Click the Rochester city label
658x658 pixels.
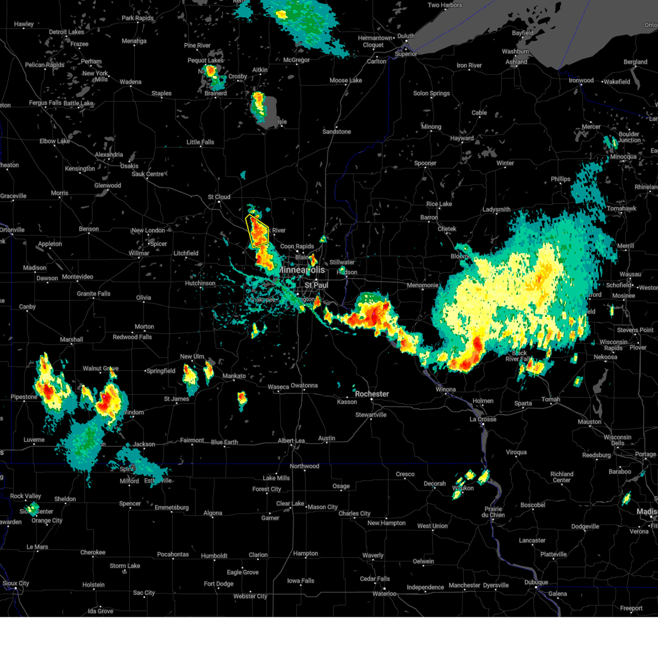[372, 394]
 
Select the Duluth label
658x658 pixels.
[406, 36]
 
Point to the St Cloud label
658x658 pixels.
[219, 197]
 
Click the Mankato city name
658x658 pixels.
[234, 376]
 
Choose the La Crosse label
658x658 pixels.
[483, 419]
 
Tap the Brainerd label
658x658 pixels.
[215, 93]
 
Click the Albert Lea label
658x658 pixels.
[291, 440]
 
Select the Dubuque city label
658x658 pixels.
[536, 582]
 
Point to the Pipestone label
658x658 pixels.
[24, 396]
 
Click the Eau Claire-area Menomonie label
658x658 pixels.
[423, 285]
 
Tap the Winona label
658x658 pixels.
[445, 389]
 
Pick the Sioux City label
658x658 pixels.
[16, 583]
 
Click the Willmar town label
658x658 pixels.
[139, 253]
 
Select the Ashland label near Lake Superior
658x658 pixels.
[517, 62]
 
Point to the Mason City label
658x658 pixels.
[322, 507]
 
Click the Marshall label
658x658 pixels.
[71, 339]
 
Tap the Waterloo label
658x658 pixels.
[384, 593]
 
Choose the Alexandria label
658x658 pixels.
[109, 155]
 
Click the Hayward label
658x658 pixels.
[462, 138]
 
